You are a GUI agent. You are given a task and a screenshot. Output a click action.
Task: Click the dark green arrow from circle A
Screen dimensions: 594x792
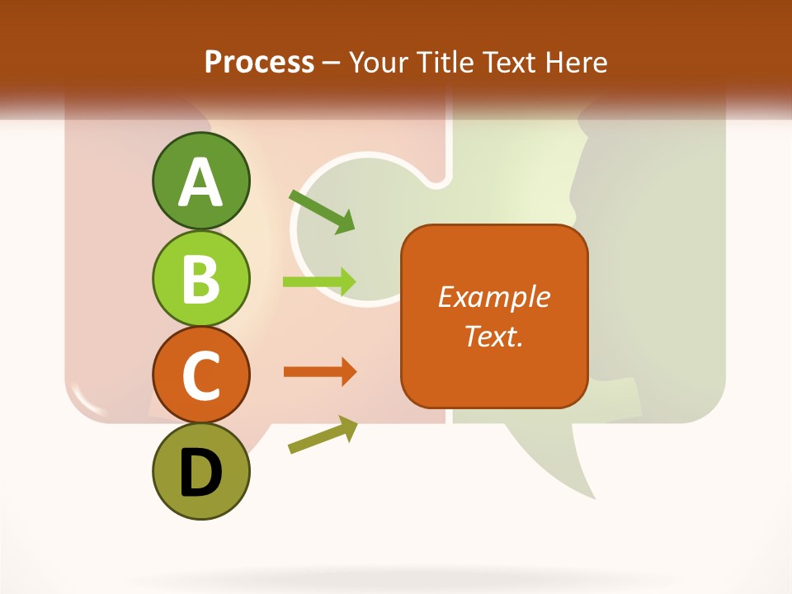[x=322, y=210]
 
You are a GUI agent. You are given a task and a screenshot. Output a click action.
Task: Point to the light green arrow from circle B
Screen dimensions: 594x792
[x=319, y=282]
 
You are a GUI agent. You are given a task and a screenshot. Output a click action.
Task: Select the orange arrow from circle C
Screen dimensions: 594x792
[x=320, y=372]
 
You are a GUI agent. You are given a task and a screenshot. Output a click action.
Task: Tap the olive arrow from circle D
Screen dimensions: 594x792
[x=323, y=436]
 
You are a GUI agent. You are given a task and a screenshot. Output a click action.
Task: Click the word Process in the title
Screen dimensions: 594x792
[x=259, y=62]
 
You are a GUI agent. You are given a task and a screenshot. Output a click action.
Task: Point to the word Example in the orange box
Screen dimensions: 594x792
[x=493, y=297]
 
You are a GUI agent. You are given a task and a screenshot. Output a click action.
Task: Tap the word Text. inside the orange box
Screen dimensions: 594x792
[x=493, y=336]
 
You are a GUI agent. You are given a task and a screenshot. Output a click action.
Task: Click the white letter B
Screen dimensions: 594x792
[x=200, y=279]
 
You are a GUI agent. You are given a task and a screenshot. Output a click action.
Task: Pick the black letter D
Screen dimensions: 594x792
[x=200, y=474]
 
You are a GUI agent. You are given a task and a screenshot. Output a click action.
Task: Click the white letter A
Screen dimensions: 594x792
[x=200, y=181]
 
